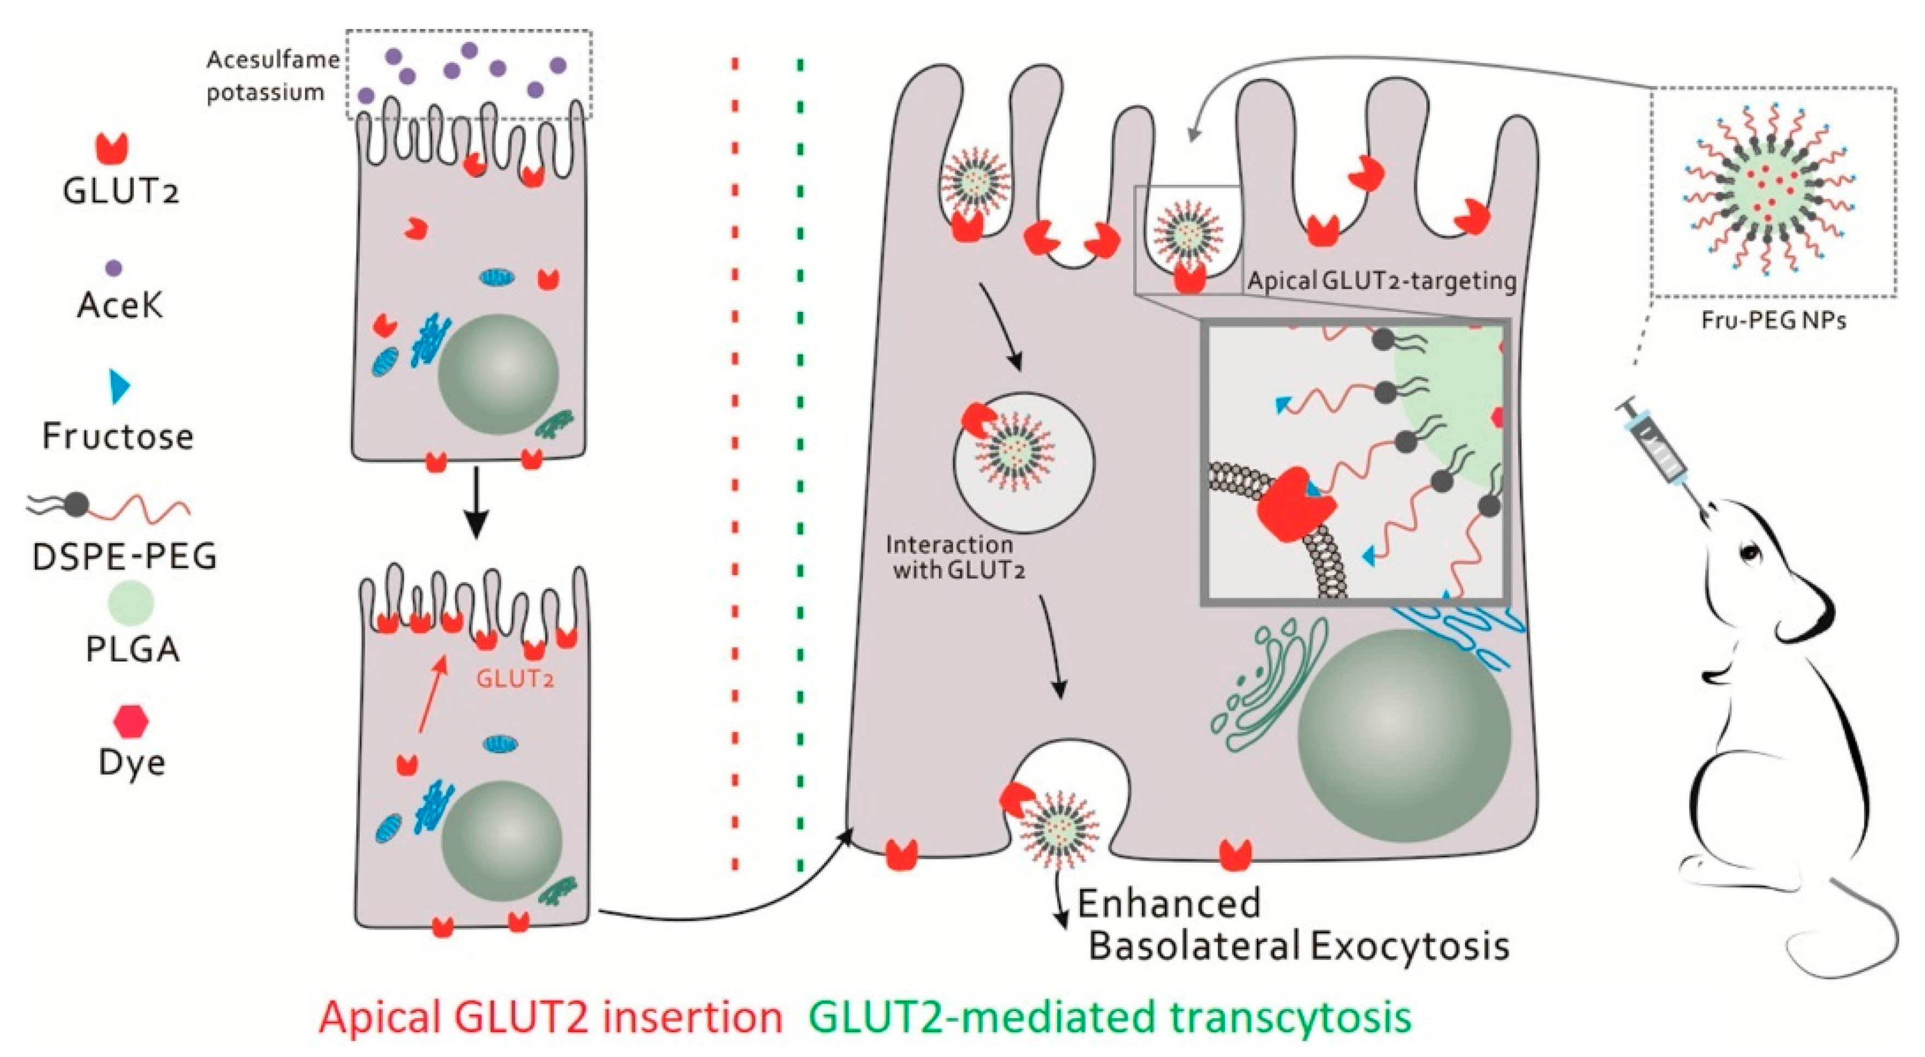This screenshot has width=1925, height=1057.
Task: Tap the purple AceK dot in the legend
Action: point(114,268)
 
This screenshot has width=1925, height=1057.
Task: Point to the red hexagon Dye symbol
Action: point(131,722)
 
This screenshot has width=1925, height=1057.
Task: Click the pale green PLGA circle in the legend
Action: point(131,602)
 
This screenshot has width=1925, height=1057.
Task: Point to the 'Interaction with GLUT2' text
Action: point(950,557)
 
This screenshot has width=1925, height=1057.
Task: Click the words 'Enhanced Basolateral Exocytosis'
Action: point(1293,924)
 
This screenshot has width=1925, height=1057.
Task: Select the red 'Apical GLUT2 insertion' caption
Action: point(551,1018)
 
